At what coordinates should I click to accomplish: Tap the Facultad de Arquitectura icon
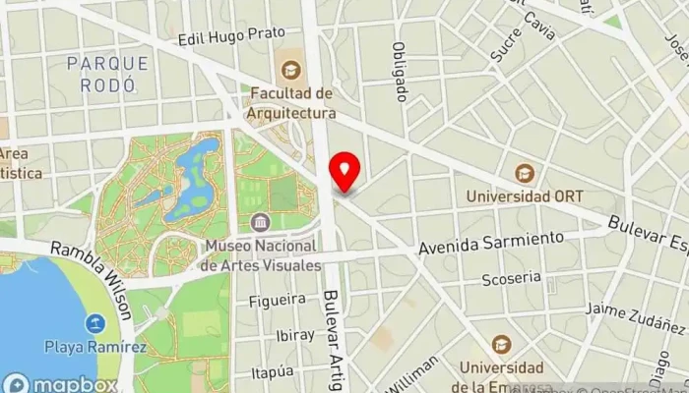[x=290, y=70]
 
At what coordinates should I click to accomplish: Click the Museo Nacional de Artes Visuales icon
[x=260, y=222]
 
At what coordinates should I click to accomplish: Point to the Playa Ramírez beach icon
[x=95, y=323]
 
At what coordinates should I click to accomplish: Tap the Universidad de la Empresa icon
[x=502, y=345]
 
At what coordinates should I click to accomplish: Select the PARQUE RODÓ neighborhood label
[x=108, y=74]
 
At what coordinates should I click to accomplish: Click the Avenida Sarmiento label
[x=491, y=242]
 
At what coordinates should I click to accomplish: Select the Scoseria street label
[x=511, y=279]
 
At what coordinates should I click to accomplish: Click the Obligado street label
[x=400, y=71]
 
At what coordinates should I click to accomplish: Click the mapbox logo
[x=59, y=383]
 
